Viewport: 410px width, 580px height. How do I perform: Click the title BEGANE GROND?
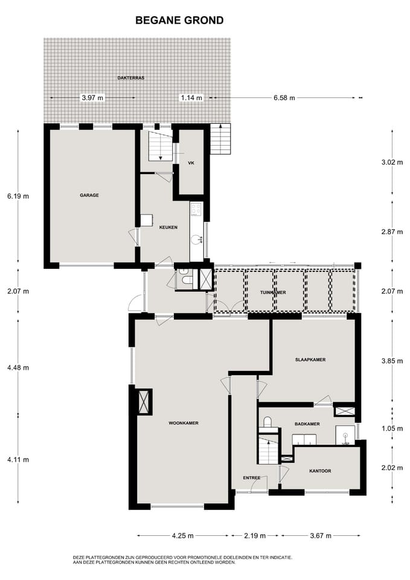click(x=179, y=20)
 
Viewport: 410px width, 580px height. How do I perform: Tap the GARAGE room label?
click(x=89, y=195)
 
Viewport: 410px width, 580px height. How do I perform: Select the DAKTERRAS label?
click(x=131, y=78)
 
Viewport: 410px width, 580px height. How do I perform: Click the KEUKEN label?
click(x=168, y=228)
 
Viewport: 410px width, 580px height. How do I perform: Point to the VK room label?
click(x=191, y=163)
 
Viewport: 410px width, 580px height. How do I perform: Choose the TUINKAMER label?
click(x=273, y=292)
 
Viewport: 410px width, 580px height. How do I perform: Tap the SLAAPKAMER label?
click(x=310, y=359)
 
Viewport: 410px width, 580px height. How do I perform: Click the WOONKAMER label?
click(x=184, y=423)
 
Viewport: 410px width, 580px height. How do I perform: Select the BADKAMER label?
click(x=307, y=424)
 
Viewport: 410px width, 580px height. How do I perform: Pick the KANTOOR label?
click(x=320, y=471)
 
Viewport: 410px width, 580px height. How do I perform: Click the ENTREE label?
click(x=251, y=477)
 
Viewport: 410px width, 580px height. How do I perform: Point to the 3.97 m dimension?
click(x=92, y=98)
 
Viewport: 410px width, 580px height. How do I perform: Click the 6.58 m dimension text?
click(x=284, y=98)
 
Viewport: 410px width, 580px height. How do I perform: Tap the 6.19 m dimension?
click(x=18, y=196)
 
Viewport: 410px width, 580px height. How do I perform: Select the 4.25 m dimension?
click(x=182, y=536)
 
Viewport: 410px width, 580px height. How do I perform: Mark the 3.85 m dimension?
click(x=392, y=361)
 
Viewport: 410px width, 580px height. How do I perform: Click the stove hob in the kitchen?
click(x=196, y=210)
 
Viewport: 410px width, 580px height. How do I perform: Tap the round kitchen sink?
click(x=196, y=240)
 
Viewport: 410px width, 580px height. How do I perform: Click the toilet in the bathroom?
click(x=267, y=422)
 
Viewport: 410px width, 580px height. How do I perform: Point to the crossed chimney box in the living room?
click(x=144, y=401)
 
